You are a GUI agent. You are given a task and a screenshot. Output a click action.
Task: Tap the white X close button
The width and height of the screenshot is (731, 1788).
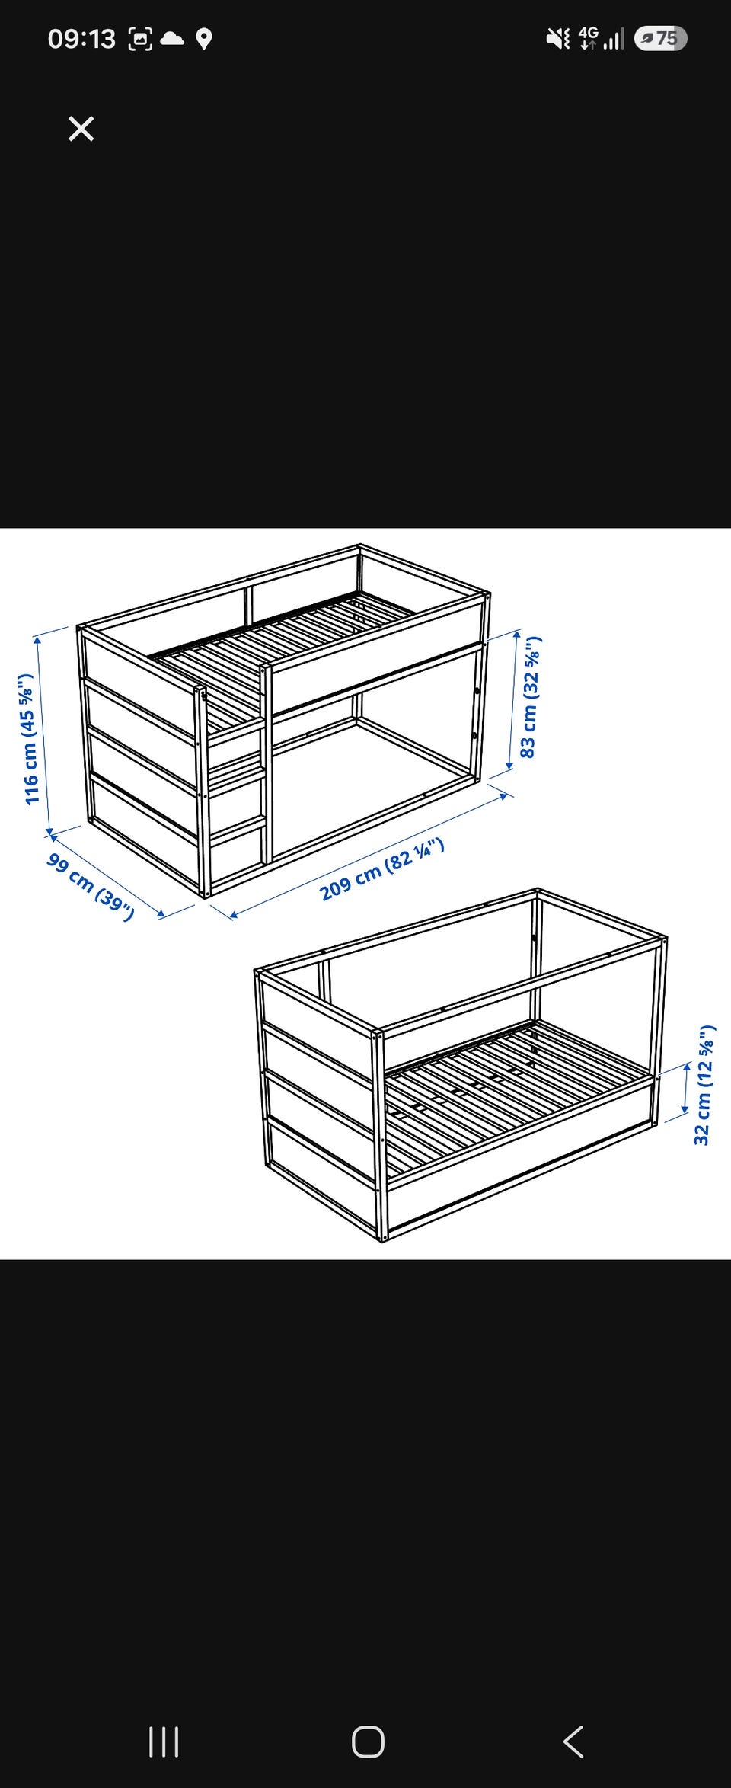click(x=81, y=129)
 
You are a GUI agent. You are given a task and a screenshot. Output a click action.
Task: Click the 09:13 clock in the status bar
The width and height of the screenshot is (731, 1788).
click(x=81, y=39)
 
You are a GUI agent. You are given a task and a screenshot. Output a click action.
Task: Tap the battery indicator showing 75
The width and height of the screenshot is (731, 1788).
click(x=660, y=38)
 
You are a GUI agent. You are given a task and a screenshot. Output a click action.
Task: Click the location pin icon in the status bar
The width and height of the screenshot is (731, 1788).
click(x=203, y=39)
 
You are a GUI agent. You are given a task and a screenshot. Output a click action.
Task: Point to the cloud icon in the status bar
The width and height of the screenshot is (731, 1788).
click(x=173, y=38)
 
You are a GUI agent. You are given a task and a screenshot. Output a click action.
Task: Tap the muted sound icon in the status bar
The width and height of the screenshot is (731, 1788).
click(x=558, y=38)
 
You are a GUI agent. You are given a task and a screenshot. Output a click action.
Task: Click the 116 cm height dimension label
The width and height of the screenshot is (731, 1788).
click(x=31, y=739)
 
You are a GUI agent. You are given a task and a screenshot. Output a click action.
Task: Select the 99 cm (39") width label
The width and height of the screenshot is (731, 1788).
click(x=91, y=887)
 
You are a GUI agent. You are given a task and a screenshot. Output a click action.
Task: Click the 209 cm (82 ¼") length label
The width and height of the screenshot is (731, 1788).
click(x=381, y=868)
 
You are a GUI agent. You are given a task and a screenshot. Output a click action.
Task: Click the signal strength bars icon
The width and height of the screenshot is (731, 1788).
click(x=614, y=39)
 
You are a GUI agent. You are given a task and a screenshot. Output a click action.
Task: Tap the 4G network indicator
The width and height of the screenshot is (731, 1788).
click(x=589, y=37)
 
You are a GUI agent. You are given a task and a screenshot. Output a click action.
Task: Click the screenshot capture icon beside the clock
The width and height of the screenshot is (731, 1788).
click(x=140, y=39)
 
